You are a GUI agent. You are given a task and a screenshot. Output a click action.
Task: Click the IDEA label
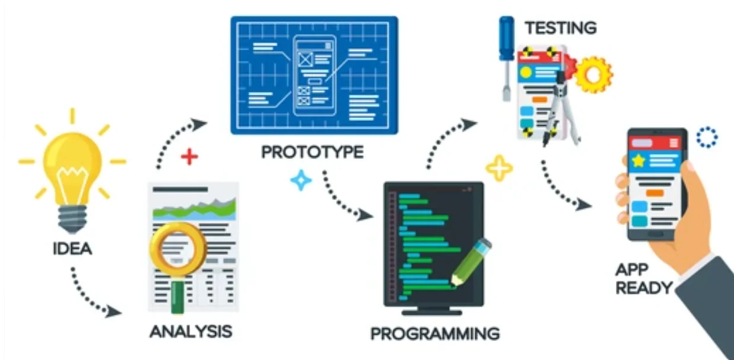tap(72, 249)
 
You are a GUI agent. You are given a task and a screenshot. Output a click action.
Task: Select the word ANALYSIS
tap(190, 330)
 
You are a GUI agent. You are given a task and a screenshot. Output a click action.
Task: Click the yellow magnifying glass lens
tap(177, 248)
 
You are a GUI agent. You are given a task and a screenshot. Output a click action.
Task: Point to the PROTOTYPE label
tap(312, 152)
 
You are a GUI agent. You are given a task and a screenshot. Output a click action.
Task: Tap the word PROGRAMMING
tap(435, 333)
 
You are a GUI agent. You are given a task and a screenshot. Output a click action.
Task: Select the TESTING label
tap(560, 27)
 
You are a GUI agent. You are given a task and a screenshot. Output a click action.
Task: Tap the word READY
tap(644, 288)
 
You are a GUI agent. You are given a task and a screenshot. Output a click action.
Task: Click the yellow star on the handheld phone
tap(638, 160)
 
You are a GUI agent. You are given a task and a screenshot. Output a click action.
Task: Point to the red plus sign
tap(189, 157)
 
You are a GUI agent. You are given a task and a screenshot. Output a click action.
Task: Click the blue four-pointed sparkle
tap(301, 180)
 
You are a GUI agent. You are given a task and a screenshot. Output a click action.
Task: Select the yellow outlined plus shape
tap(499, 168)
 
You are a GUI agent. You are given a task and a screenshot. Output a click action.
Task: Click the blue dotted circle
tap(707, 137)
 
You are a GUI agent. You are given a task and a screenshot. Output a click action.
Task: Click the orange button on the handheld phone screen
tap(654, 193)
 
